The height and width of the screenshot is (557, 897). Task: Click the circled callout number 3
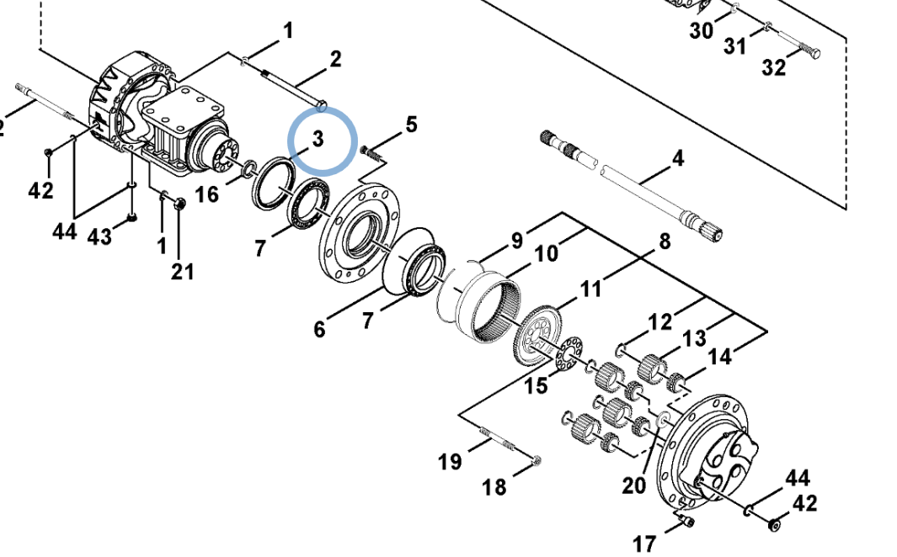318,138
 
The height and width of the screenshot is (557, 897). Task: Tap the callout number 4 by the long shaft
678,157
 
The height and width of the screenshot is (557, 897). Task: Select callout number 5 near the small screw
411,124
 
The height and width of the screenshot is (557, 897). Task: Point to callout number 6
319,329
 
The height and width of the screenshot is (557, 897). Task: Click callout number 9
516,241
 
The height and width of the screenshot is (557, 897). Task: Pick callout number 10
547,252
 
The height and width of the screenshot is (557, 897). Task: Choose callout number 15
536,385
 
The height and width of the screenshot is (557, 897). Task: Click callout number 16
206,194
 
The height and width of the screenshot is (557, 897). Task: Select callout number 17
644,544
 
